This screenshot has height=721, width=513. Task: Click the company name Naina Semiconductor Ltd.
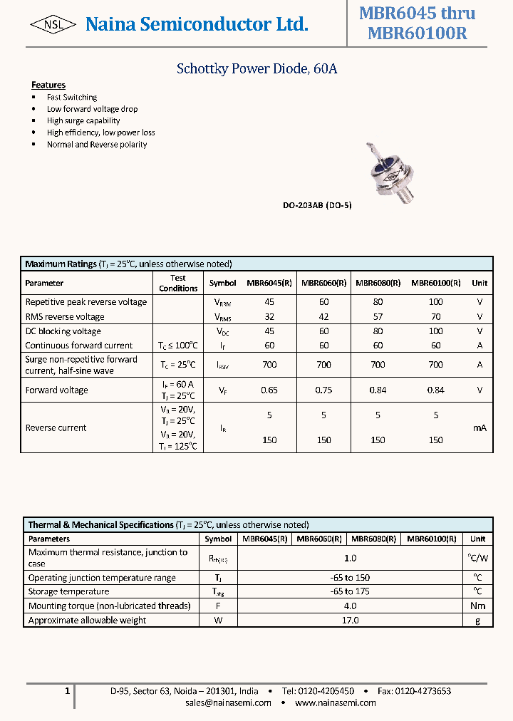(197, 25)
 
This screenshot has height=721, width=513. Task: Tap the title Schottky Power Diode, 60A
(256, 69)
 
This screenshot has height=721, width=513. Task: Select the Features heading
(48, 85)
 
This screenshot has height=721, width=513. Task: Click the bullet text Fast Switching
(72, 97)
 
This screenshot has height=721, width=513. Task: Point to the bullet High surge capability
(83, 120)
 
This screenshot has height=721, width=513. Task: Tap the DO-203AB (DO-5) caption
(317, 205)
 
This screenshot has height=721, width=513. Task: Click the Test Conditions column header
(178, 283)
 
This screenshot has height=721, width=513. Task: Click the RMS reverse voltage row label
(65, 317)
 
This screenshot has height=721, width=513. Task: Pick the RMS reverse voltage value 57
(378, 317)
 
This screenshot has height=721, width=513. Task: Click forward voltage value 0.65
(269, 390)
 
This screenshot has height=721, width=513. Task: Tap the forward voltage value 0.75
(323, 390)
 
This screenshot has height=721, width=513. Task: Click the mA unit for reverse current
(480, 428)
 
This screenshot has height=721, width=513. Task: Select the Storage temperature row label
(68, 591)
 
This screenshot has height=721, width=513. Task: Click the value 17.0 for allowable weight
(350, 620)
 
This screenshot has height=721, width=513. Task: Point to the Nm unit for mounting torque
(477, 606)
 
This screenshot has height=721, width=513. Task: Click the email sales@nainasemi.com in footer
(228, 702)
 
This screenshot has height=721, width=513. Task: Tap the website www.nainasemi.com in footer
(335, 702)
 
